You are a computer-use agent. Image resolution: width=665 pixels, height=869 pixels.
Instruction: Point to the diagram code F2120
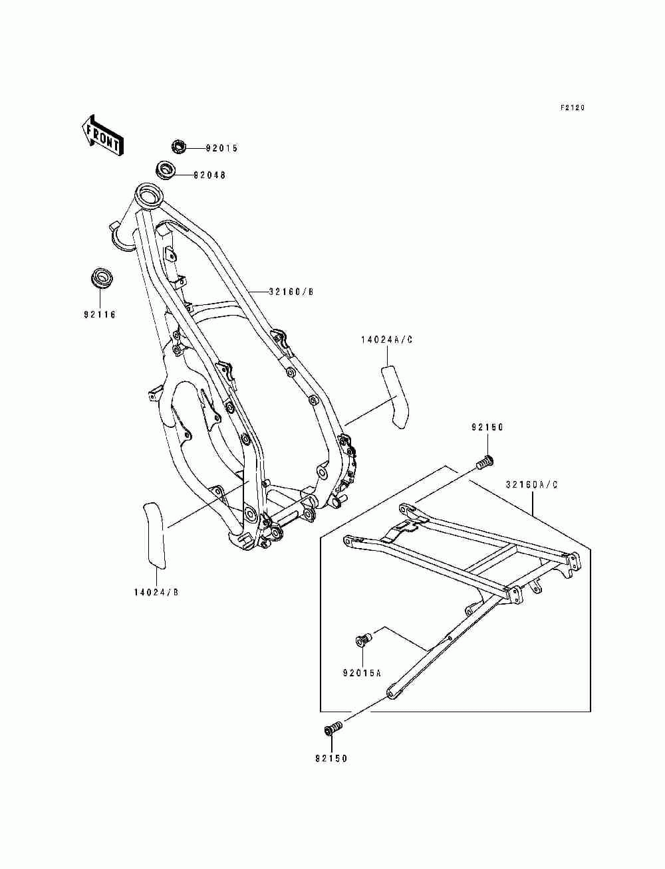(572, 108)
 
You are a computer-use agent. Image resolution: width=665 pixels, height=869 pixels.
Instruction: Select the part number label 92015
(221, 148)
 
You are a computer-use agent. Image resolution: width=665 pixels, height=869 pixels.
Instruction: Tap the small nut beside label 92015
(178, 146)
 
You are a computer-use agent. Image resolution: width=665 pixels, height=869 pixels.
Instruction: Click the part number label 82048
(209, 175)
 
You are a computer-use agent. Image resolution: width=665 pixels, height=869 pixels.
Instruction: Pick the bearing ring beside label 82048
(166, 169)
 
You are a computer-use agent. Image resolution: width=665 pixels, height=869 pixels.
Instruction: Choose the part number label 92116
(100, 314)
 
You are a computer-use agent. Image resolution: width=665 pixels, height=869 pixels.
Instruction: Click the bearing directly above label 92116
(101, 278)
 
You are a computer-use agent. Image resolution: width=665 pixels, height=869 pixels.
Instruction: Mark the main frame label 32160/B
(291, 291)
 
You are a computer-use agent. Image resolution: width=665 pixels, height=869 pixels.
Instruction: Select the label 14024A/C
(387, 339)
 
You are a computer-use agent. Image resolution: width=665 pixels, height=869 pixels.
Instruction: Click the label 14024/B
(156, 592)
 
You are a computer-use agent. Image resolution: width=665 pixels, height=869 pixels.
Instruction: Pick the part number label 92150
(488, 428)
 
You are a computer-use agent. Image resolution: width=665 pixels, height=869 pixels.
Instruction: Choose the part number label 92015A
(362, 672)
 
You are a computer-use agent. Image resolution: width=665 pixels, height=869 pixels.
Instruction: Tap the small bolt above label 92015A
(363, 640)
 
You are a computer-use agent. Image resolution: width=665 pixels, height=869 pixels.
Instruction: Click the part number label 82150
(331, 758)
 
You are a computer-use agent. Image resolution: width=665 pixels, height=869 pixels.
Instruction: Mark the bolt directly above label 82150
(332, 729)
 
